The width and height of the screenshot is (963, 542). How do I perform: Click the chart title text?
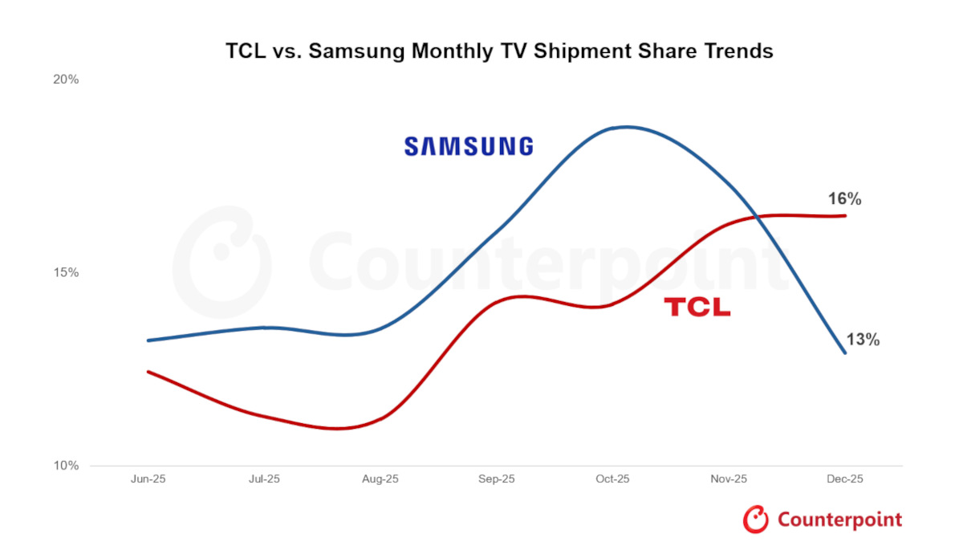point(498,51)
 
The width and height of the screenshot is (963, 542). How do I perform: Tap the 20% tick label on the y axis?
point(66,79)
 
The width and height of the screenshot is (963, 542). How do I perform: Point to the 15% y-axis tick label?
point(66,273)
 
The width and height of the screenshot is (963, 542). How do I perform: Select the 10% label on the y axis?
point(66,466)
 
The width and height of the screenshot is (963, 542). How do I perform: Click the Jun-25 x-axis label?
point(148,479)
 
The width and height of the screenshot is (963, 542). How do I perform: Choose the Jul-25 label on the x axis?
point(264,479)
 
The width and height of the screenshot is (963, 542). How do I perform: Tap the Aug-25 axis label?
point(380,479)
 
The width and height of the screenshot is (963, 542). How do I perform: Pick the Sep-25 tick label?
point(497,479)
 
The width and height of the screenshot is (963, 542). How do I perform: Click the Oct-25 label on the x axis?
point(612,479)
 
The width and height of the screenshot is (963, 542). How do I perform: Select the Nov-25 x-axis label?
point(729,479)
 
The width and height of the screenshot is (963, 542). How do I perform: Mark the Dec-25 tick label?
point(845,479)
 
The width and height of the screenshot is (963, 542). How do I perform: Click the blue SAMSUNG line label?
point(469,146)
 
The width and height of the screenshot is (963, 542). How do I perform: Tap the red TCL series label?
point(697,307)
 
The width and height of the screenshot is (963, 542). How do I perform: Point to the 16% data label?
point(845,199)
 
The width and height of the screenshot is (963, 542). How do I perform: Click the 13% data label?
point(863,340)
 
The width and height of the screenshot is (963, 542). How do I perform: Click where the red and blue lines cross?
point(757,216)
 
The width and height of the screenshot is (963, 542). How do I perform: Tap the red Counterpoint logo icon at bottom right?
point(756,520)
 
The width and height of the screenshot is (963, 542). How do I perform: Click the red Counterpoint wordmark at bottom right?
point(839,520)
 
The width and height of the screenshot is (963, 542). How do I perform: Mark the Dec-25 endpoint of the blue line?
point(844,353)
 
